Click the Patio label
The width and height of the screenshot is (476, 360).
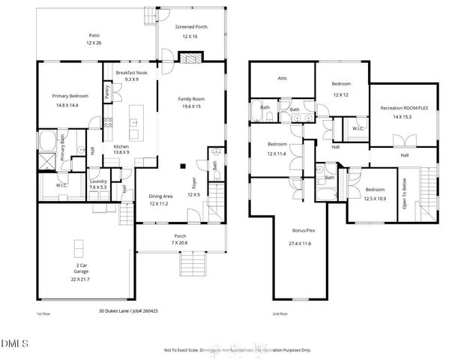tap(94, 35)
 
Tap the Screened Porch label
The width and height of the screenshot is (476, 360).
tap(190, 28)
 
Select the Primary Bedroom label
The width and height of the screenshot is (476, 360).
tap(70, 97)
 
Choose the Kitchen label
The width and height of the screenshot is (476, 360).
tap(121, 146)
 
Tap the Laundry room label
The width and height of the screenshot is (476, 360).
tap(97, 181)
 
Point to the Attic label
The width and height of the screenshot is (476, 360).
tap(283, 78)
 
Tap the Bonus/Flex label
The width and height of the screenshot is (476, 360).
tap(304, 231)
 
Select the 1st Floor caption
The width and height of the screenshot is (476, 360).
tap(43, 313)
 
